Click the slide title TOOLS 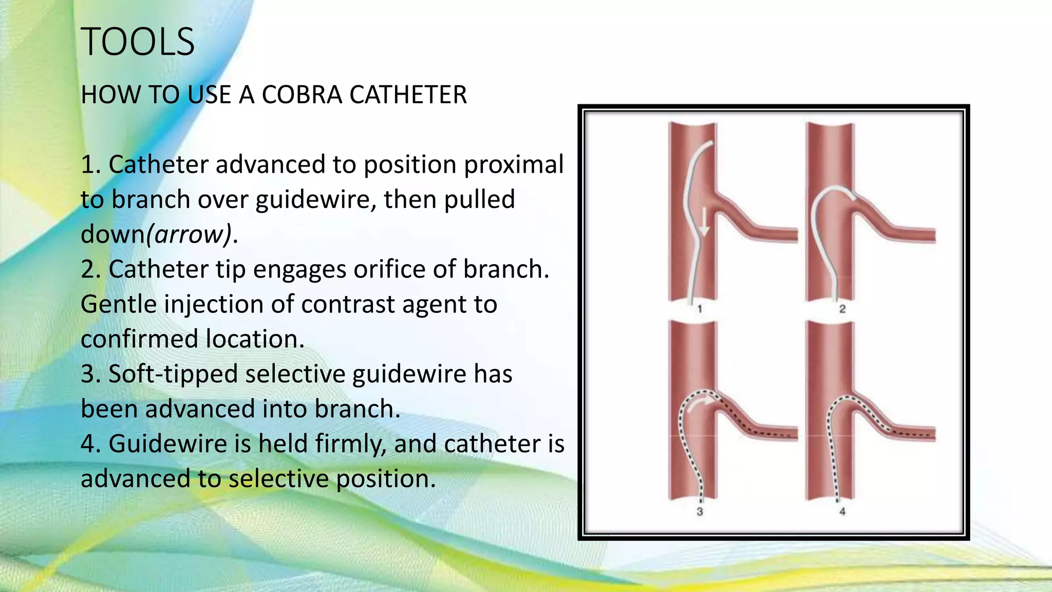pyautogui.click(x=138, y=42)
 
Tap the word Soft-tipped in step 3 pyautogui.click(x=173, y=374)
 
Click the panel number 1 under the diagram pyautogui.click(x=700, y=309)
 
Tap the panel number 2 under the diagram pyautogui.click(x=842, y=309)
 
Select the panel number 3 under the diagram pyautogui.click(x=700, y=511)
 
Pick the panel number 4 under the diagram pyautogui.click(x=842, y=511)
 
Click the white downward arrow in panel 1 pyautogui.click(x=704, y=222)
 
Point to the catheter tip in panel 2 pyautogui.click(x=853, y=197)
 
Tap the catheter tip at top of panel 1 pyautogui.click(x=711, y=143)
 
